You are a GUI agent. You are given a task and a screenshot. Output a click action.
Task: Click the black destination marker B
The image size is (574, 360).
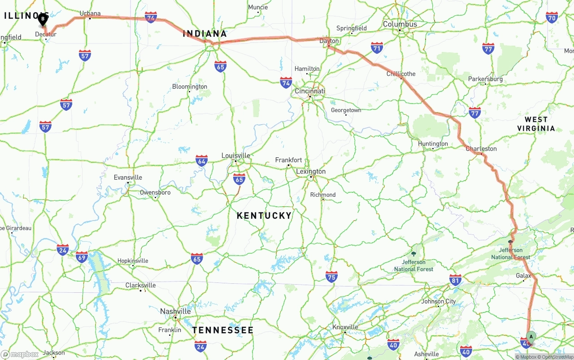pos(43,19)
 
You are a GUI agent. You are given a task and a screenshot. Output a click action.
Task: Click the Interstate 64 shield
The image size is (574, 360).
pos(202,160)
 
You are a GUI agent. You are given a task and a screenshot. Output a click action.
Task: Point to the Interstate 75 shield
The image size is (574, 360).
pos(331,277)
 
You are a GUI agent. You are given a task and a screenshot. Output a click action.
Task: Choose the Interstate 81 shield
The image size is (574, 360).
pos(455,280)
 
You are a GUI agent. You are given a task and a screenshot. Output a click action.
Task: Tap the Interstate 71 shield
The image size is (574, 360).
pos(377,48)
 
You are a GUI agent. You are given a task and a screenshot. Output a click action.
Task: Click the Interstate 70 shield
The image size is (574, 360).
pos(552,17)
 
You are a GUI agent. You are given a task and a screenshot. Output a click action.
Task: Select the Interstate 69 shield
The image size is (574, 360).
pos(82,257)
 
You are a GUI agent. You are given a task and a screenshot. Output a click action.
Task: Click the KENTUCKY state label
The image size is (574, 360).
pos(264,216)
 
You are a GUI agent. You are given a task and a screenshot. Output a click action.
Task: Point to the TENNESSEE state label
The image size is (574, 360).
pos(223,330)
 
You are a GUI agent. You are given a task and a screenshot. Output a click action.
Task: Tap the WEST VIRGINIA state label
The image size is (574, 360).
pos(536,124)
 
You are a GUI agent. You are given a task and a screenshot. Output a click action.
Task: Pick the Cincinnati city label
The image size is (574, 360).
pos(309,91)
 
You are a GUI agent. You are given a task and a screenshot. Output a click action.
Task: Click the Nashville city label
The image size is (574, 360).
pos(175,311)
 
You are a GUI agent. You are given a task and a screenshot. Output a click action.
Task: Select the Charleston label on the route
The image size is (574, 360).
pos(481,148)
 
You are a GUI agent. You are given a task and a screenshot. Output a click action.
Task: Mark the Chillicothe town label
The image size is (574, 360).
pos(401,74)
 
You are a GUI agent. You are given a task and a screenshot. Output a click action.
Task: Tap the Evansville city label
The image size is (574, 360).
pos(128,177)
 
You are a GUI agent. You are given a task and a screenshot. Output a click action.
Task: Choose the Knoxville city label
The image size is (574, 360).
pos(346,327)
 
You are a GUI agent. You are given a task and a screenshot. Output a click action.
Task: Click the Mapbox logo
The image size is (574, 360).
pos(20,354)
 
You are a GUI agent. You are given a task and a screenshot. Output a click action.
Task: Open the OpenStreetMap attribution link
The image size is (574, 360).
pos(557,357)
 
